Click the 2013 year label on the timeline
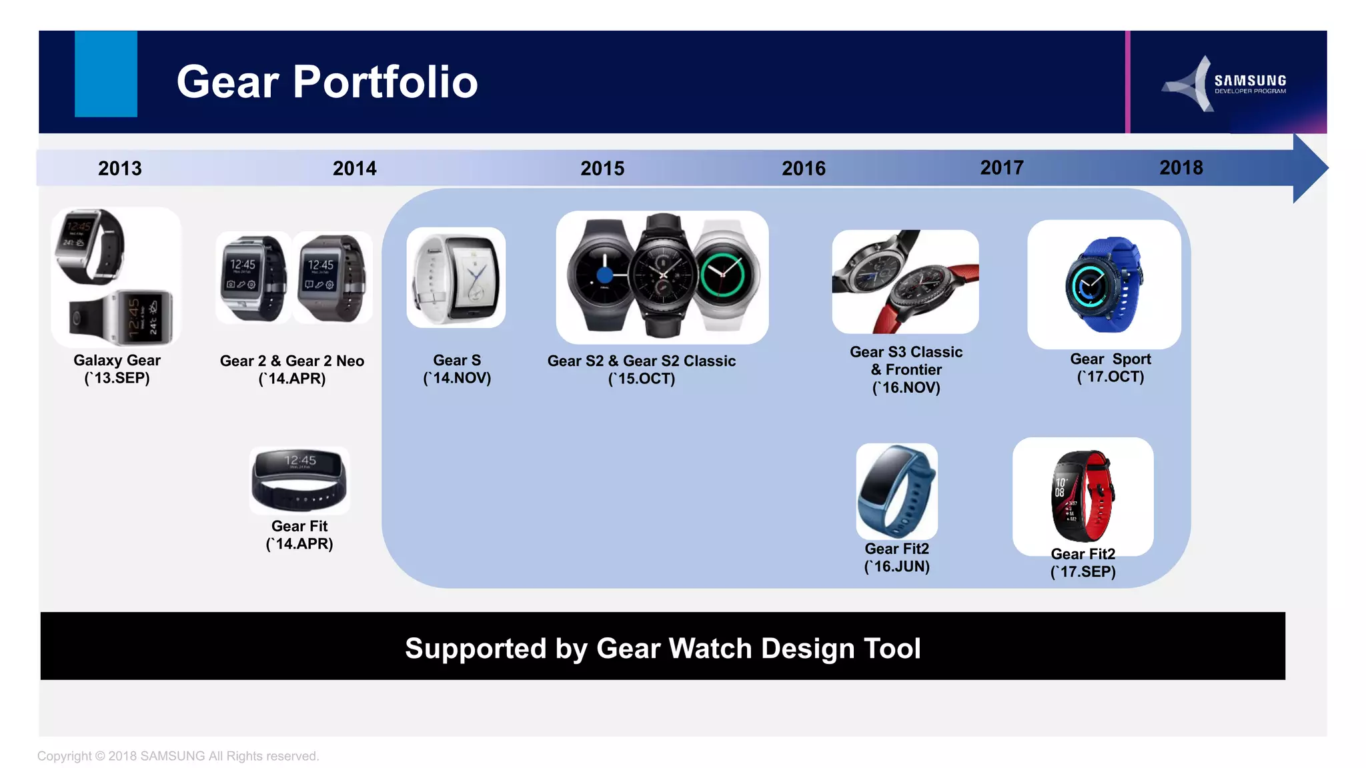point(120,168)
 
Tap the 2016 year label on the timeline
point(804,168)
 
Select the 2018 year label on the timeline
point(1181,167)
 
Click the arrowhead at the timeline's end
point(1309,168)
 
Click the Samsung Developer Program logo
point(1226,84)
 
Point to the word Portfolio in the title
point(386,82)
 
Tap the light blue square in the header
point(106,74)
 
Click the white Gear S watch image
point(456,277)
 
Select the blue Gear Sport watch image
point(1104,285)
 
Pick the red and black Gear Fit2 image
point(1083,496)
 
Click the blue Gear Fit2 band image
point(896,491)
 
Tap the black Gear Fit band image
point(299,480)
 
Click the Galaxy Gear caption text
point(117,360)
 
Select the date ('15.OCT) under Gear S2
point(642,379)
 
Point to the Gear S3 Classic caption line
point(906,352)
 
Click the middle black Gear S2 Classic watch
point(662,275)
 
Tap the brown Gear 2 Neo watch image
point(331,277)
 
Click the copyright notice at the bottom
point(178,756)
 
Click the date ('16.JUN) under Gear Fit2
point(896,567)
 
